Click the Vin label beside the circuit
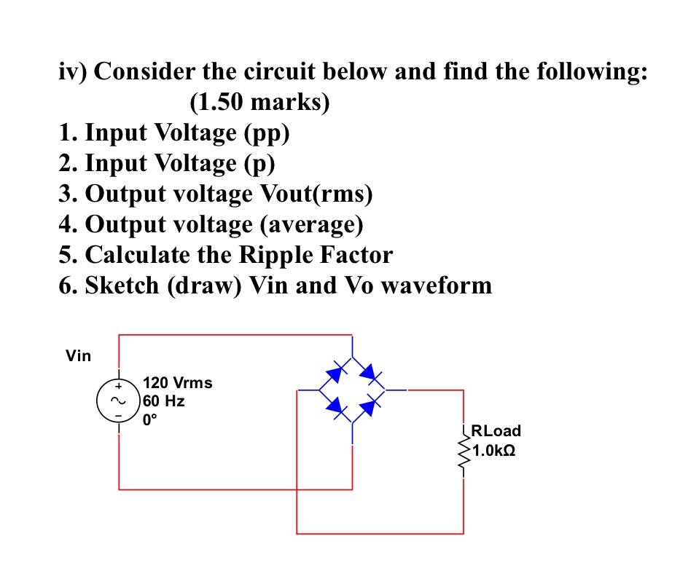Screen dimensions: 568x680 point(79,356)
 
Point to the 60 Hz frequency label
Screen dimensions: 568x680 point(164,401)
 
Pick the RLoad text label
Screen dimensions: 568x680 point(496,430)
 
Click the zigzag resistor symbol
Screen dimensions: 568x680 point(463,450)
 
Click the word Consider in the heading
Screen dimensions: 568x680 point(144,72)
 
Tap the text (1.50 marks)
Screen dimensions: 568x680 point(259,102)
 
